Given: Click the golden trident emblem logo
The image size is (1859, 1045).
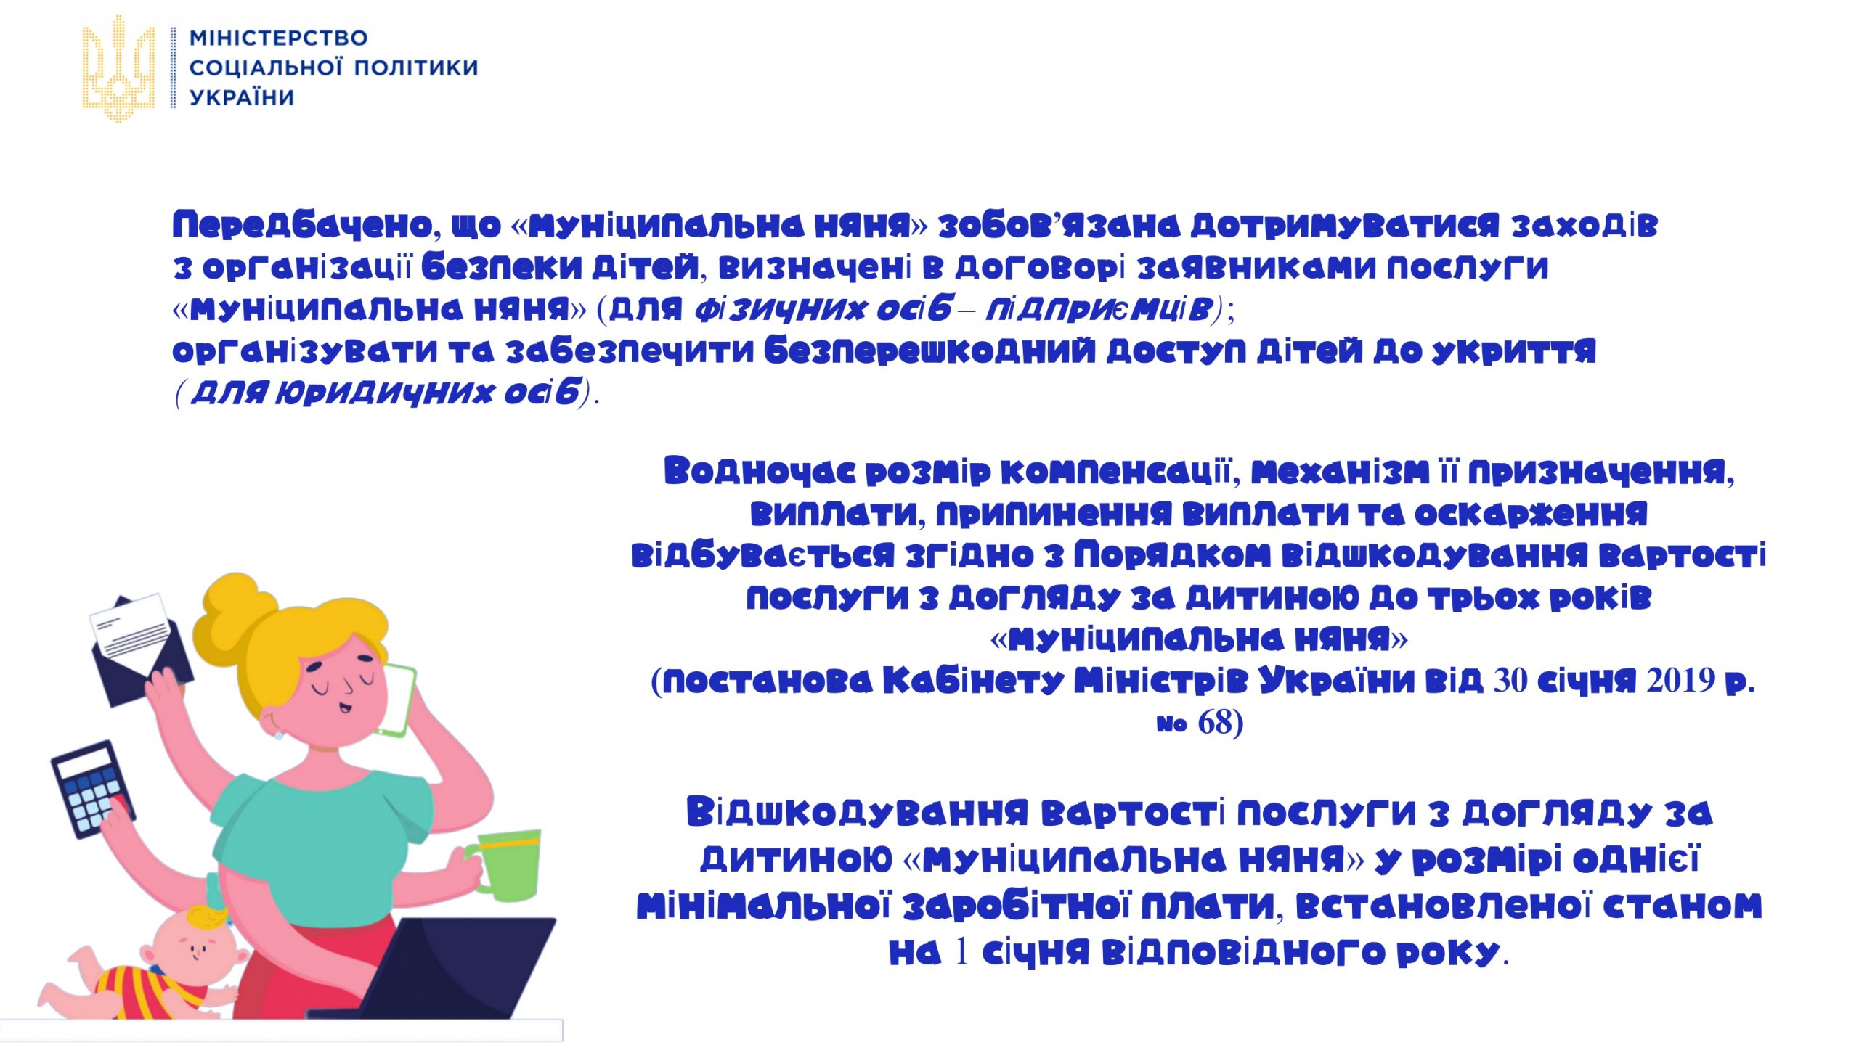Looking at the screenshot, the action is [x=118, y=68].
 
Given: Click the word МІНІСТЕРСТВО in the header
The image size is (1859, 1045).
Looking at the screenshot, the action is [x=279, y=38].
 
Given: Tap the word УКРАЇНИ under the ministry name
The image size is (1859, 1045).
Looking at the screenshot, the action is [x=242, y=97].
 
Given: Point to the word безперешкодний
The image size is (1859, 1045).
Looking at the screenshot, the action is [x=929, y=352].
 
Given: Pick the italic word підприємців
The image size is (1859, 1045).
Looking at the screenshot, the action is [x=1099, y=310].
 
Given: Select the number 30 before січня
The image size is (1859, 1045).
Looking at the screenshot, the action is [x=1510, y=681].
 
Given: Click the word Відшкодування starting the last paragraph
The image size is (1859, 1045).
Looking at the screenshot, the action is [x=858, y=813].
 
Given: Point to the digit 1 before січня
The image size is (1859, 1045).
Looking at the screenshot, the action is [x=961, y=953].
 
